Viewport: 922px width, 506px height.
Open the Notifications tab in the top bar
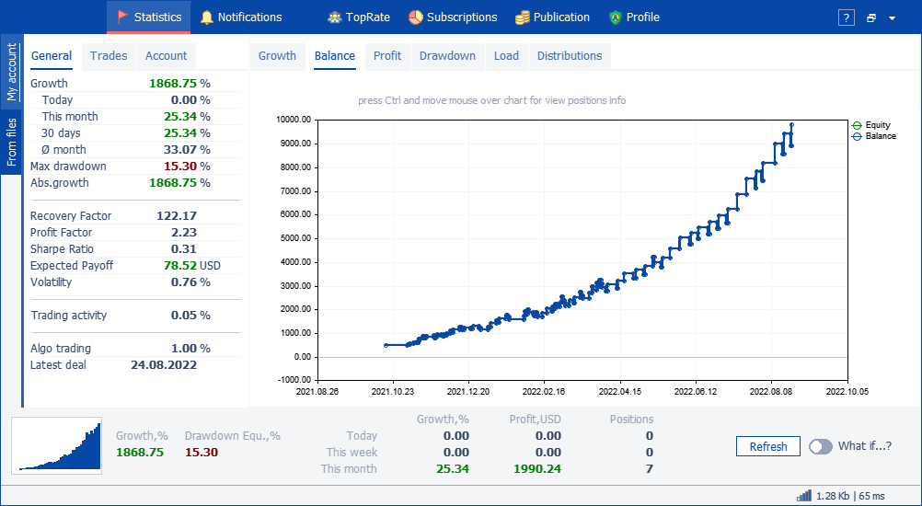click(241, 17)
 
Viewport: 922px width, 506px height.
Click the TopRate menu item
click(359, 17)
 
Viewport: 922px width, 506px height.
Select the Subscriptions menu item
click(453, 17)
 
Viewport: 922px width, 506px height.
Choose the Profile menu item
click(635, 17)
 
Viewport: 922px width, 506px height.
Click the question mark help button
click(847, 17)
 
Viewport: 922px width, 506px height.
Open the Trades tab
click(109, 56)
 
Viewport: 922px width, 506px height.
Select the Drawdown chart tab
click(447, 56)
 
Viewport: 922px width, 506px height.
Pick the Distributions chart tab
click(570, 56)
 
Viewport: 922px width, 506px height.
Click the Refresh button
click(768, 446)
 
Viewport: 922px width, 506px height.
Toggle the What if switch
click(821, 446)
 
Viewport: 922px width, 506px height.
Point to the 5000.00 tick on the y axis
click(294, 238)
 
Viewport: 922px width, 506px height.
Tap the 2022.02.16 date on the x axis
click(544, 390)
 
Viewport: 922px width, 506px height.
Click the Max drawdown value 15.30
click(180, 167)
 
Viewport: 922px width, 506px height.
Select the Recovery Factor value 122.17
click(177, 215)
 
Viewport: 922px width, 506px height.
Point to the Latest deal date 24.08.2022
click(164, 365)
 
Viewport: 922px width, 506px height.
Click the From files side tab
click(12, 142)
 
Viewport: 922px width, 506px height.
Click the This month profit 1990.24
click(536, 469)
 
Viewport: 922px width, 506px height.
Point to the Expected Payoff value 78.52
click(180, 266)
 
